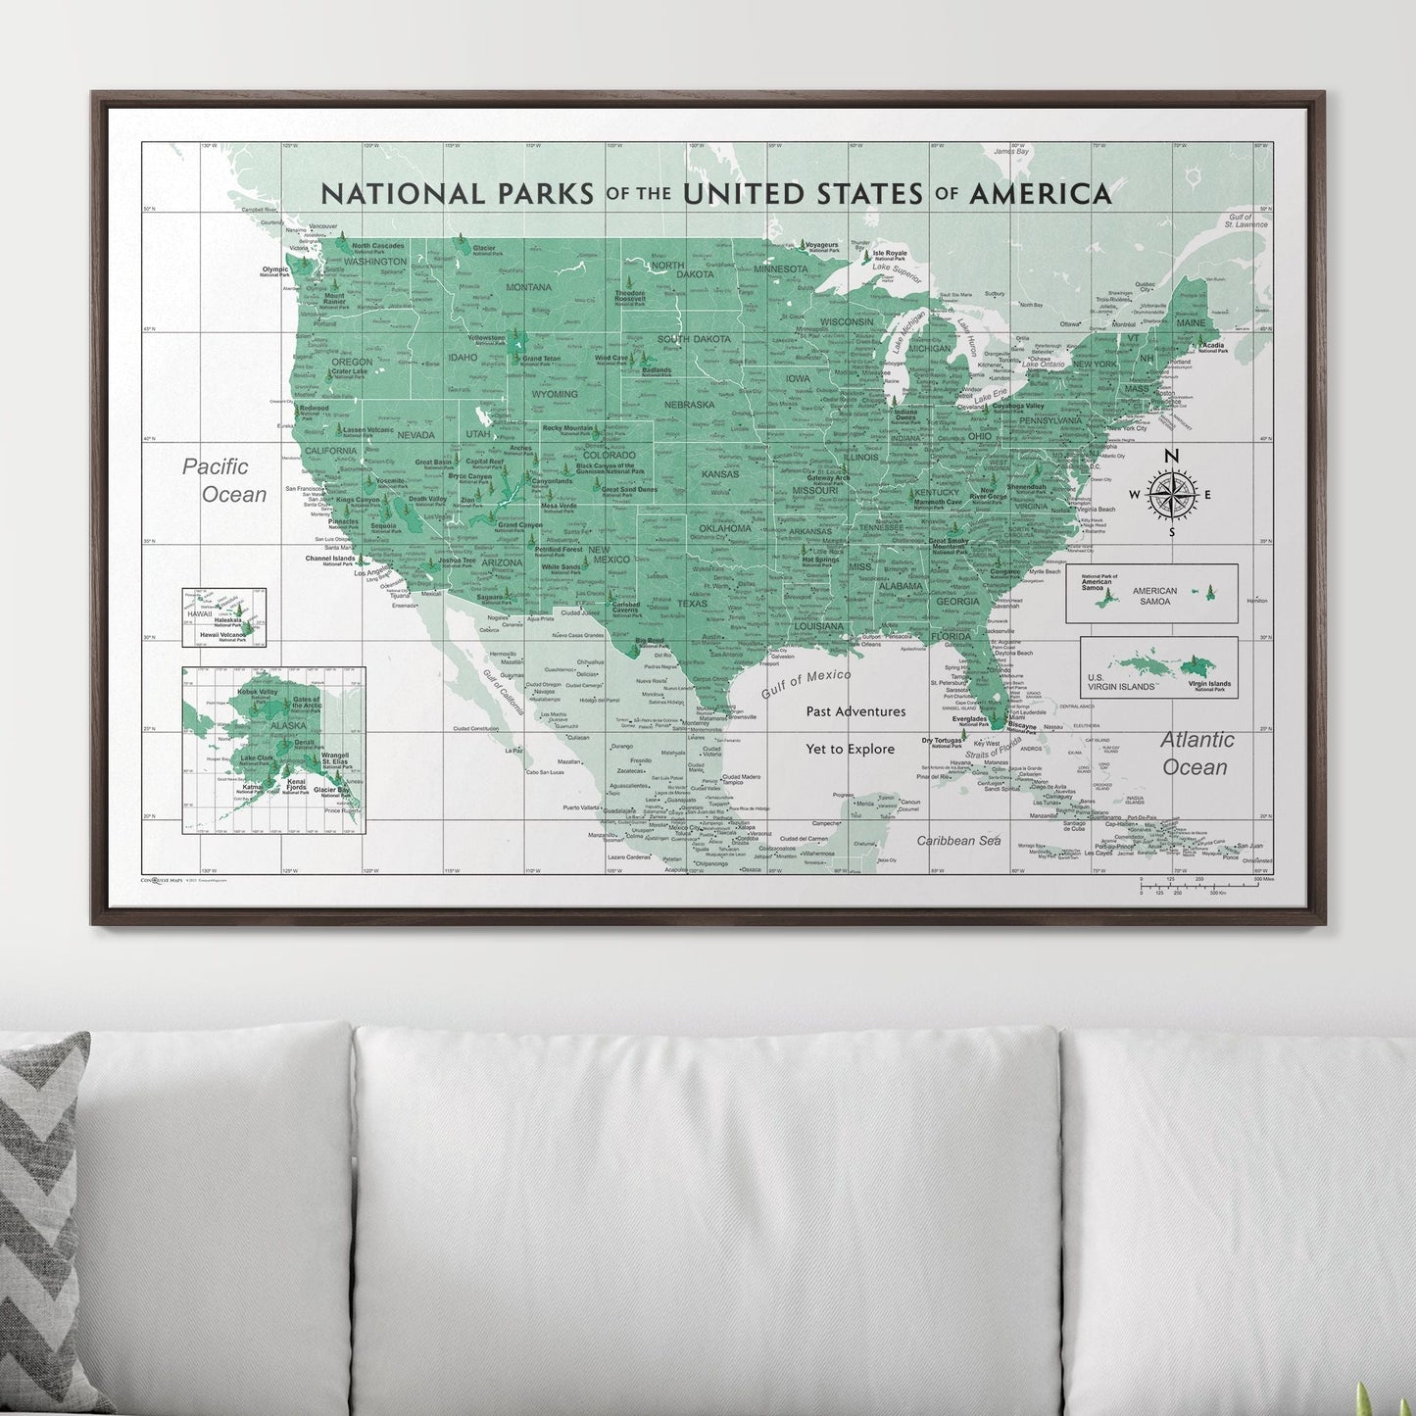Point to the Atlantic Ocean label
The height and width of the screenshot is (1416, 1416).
1196,753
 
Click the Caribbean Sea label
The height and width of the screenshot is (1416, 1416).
958,841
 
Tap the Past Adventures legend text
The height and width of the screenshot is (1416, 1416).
855,711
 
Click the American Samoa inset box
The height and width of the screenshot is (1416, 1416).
1151,594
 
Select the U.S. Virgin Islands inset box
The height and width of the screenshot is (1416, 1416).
1158,667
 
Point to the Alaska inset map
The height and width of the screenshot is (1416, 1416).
273,750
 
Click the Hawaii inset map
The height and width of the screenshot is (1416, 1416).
223,617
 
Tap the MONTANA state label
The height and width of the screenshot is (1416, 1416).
529,287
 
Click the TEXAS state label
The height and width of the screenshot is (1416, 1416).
692,604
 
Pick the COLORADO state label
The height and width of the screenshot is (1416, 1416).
610,455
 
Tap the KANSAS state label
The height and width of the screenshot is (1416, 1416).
720,474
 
